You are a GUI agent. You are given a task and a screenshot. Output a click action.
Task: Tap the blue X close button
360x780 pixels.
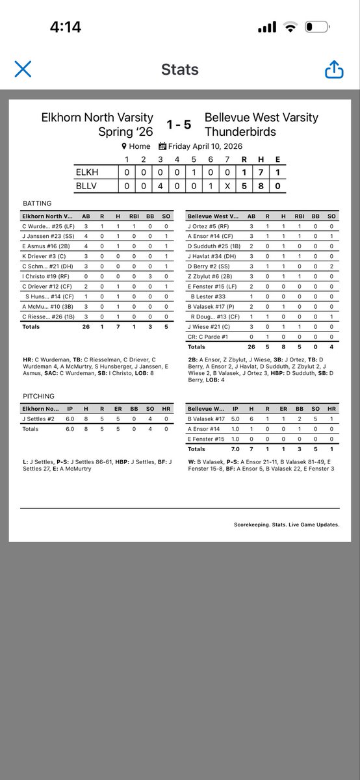[23, 70]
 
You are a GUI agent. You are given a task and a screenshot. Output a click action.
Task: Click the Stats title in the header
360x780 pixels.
[179, 70]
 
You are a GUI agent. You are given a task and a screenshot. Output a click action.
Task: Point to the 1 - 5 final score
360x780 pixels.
[179, 124]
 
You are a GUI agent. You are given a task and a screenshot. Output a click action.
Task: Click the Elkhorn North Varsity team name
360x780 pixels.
[97, 118]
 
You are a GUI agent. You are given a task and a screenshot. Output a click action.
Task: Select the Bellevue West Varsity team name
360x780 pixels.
[261, 118]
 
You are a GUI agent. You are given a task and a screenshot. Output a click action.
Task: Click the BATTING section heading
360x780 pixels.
[37, 203]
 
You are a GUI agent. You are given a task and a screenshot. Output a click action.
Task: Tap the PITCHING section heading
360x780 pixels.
[38, 396]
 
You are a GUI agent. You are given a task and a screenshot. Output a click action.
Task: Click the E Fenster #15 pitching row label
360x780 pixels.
[206, 439]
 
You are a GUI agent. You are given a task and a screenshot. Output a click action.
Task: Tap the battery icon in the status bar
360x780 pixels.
[317, 27]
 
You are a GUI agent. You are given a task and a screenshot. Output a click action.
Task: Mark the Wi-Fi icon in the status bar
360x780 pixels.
[290, 27]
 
